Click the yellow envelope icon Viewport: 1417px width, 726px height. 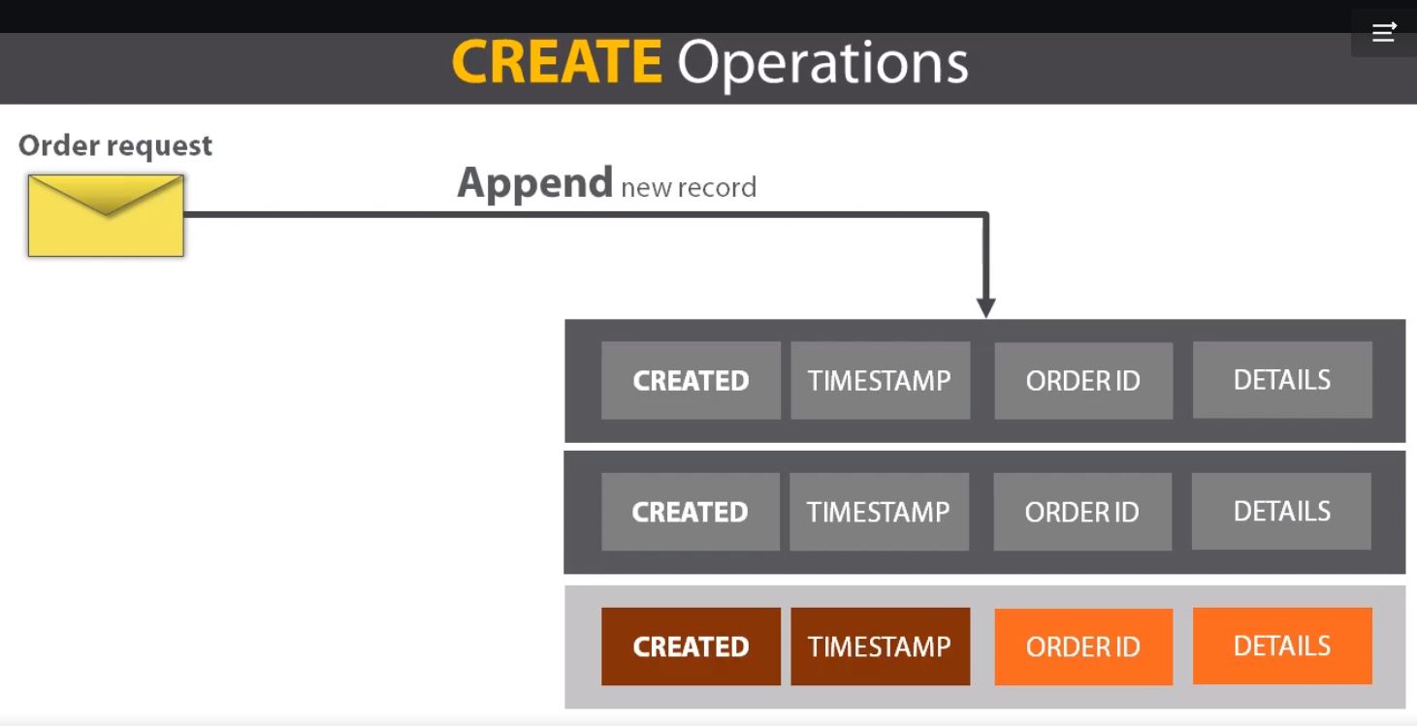(106, 215)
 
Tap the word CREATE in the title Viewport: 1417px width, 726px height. (557, 62)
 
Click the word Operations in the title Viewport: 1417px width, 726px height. (822, 64)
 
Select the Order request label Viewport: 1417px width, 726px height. (115, 145)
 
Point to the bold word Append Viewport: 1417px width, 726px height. (534, 183)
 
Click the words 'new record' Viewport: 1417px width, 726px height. (688, 187)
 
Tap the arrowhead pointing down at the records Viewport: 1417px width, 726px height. (985, 307)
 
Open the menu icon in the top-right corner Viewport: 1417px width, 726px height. (1383, 32)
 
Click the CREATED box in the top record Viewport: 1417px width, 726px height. (691, 380)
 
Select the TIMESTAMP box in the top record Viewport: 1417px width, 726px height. (880, 380)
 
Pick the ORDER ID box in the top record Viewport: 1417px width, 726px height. (1083, 380)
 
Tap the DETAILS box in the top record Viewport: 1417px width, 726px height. (1281, 379)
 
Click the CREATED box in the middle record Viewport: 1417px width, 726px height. (690, 512)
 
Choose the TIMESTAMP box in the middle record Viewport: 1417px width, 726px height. (879, 512)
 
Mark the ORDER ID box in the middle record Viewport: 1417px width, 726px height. (1082, 512)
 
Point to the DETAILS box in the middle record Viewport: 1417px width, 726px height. (1281, 511)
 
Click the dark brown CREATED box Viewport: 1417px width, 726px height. (691, 647)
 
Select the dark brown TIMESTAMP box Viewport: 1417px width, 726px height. (880, 647)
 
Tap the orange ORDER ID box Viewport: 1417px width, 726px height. (1083, 647)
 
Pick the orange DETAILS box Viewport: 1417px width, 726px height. (1281, 646)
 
